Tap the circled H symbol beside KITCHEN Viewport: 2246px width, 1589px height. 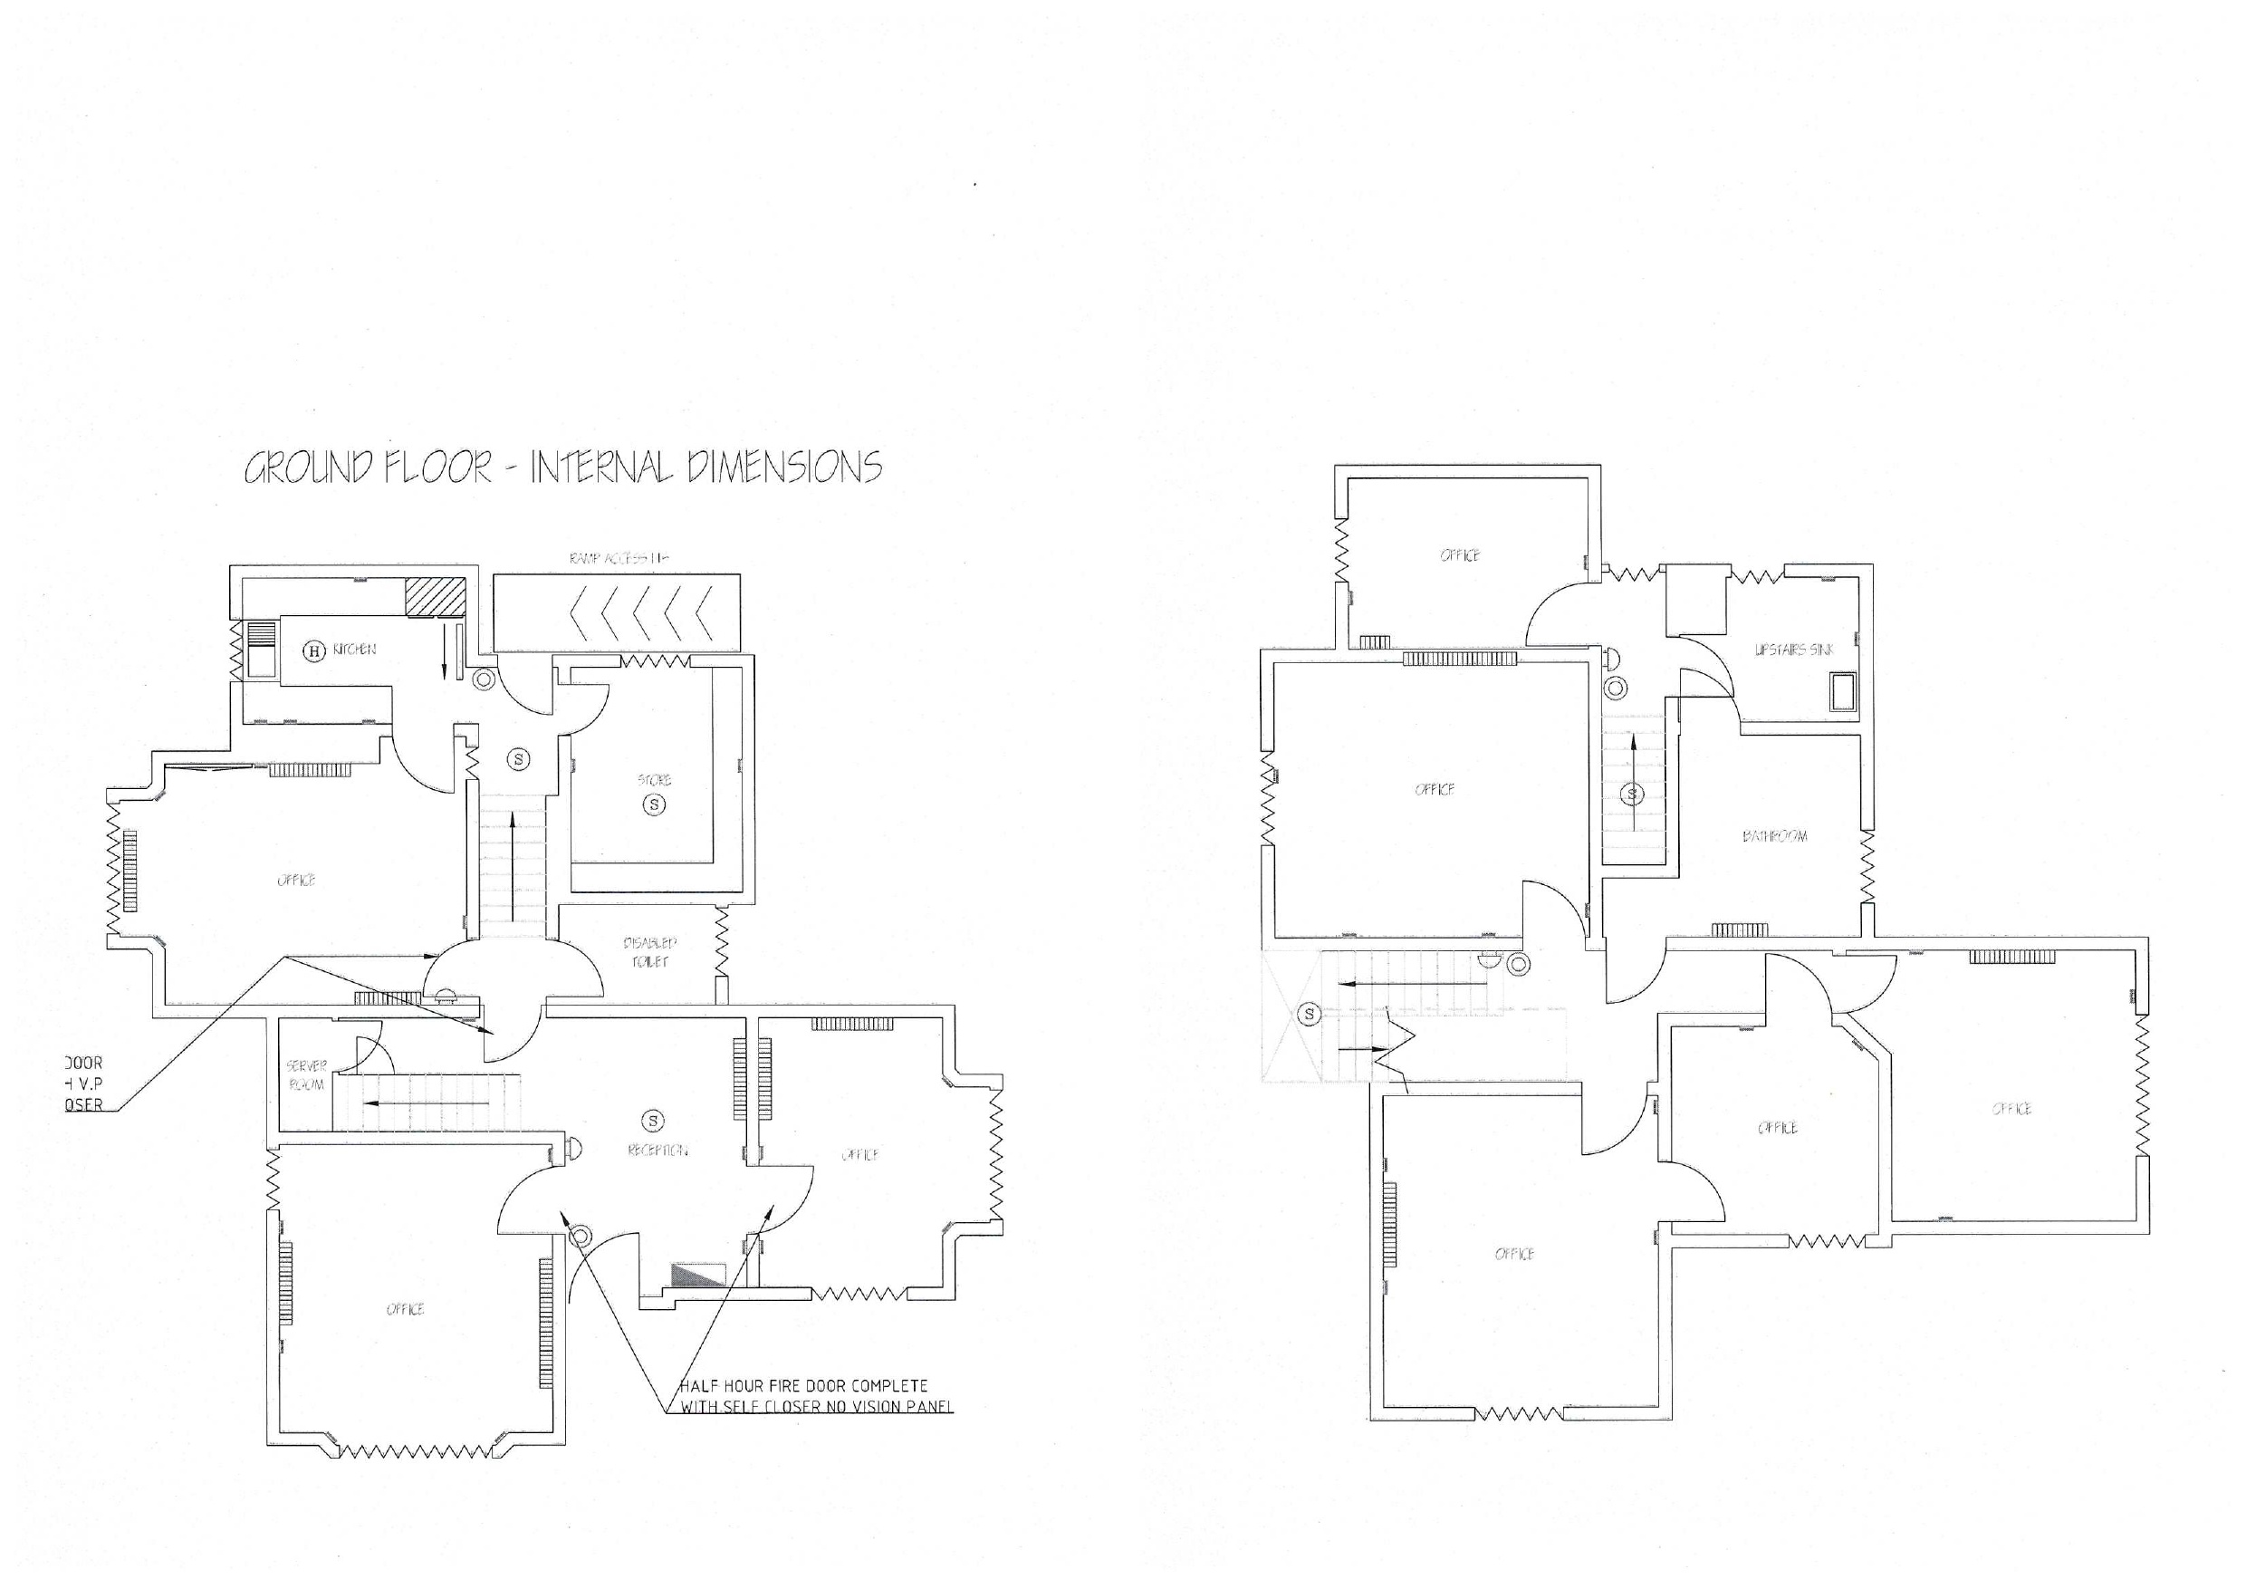314,650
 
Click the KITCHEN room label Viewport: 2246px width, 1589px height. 354,650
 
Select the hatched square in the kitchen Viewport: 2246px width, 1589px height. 436,596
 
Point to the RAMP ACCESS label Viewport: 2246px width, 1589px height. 619,559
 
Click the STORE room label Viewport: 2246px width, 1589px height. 655,780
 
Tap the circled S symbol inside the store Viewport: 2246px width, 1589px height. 655,804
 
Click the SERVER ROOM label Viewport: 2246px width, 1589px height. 306,1075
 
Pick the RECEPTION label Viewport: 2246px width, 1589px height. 657,1150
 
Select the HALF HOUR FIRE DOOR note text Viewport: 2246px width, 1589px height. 804,1396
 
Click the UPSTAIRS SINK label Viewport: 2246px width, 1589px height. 1793,650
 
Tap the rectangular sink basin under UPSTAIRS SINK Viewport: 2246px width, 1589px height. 1844,691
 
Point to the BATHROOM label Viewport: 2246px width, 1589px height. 1774,835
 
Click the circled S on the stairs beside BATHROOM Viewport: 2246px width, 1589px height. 1633,793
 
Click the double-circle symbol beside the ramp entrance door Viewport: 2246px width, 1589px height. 483,679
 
